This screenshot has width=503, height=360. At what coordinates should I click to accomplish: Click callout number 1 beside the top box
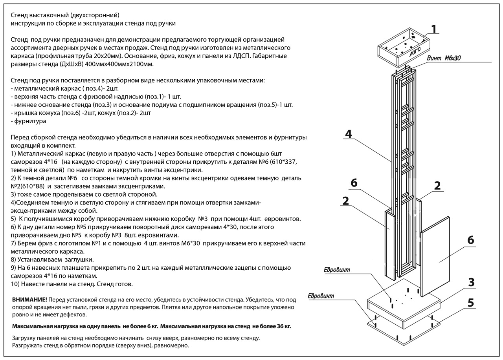coord(434,29)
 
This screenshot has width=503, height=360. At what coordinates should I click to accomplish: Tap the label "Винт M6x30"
coord(444,58)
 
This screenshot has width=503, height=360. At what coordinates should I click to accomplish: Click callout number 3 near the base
coord(471,282)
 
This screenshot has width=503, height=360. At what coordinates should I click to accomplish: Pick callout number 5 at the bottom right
coord(471,303)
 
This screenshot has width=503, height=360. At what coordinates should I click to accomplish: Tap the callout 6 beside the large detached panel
coord(470,240)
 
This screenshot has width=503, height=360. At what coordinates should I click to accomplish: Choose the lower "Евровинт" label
coord(321,296)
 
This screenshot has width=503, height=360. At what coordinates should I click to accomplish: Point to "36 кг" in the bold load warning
coord(284,326)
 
